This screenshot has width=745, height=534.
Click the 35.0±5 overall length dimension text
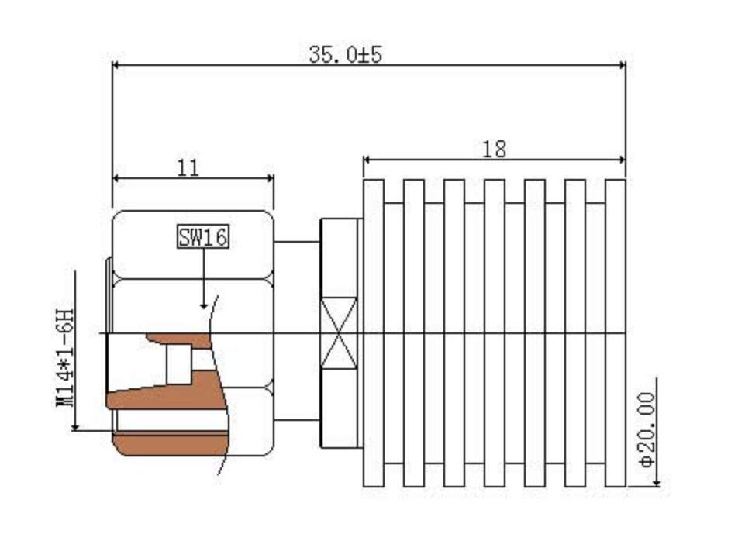[345, 55]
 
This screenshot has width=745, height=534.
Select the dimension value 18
[494, 150]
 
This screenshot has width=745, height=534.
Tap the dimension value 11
[188, 167]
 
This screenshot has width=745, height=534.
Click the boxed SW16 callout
[203, 237]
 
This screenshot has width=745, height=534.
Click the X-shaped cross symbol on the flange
[340, 334]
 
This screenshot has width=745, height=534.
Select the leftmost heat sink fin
[374, 333]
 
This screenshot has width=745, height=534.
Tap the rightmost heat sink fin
[615, 333]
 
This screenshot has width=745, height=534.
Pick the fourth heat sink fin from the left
[494, 333]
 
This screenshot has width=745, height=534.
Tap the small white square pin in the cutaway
[179, 363]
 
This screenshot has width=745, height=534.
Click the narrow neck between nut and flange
[297, 333]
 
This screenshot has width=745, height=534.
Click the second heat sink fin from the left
[414, 333]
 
